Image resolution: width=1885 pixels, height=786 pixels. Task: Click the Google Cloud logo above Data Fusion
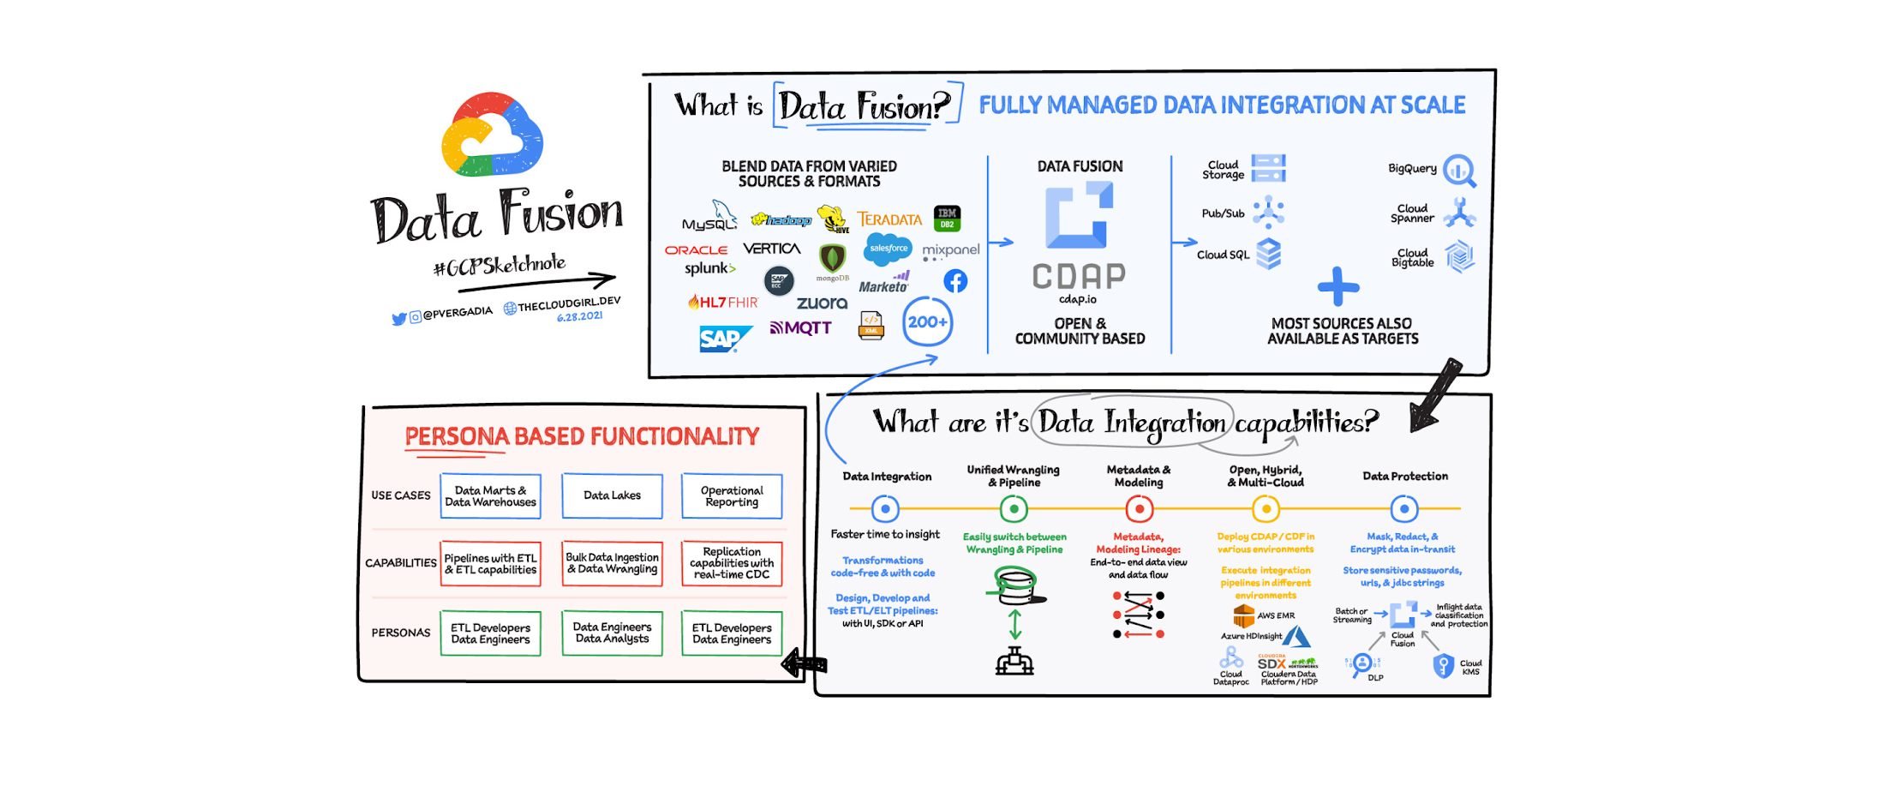492,135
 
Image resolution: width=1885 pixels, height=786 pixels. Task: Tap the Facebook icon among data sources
955,281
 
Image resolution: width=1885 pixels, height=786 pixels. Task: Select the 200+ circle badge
927,322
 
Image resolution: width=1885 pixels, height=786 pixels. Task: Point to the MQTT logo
800,327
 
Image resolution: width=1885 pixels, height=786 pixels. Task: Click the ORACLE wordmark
696,250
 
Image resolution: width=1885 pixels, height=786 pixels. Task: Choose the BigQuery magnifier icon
1458,171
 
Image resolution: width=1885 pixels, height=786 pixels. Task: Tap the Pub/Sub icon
1268,212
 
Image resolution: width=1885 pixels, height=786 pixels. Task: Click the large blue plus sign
1338,286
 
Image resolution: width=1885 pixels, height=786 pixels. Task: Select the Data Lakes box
612,495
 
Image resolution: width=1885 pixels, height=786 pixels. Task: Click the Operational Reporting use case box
732,496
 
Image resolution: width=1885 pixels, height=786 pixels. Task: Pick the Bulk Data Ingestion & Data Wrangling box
612,563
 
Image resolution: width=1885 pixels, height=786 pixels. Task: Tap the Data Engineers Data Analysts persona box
612,633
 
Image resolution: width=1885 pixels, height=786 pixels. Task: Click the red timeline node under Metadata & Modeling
1139,509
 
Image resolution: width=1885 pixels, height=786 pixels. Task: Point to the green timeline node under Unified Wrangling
1014,509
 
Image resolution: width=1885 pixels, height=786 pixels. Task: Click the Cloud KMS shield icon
1444,666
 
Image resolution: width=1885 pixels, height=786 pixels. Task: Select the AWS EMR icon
1243,615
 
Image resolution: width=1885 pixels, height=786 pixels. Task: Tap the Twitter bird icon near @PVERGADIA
398,319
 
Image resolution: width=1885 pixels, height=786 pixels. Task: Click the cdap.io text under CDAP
1078,299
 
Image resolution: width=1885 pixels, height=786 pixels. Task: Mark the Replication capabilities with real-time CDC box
732,563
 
